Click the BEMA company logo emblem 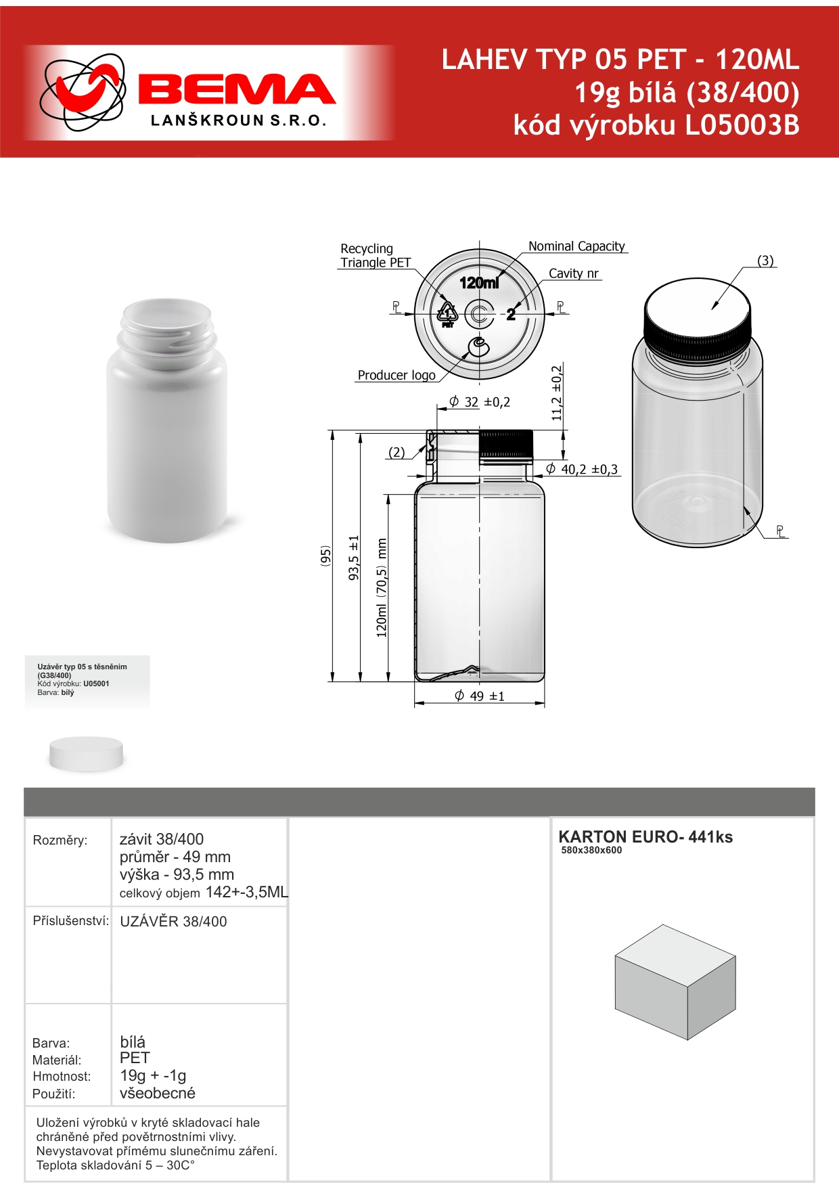83,91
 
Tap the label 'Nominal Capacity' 576,246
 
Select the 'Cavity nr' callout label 573,273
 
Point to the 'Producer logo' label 396,375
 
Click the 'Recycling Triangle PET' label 376,256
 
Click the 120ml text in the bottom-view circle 479,282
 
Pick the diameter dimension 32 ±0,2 480,402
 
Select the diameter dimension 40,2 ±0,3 583,469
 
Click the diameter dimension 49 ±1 480,696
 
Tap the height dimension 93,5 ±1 354,558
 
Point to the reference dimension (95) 325,556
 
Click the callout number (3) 765,261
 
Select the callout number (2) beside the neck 396,452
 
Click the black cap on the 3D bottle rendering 697,338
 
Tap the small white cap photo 87,753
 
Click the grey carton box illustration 675,982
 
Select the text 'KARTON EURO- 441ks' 645,837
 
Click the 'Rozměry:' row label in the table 60,841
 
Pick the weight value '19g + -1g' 153,1075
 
